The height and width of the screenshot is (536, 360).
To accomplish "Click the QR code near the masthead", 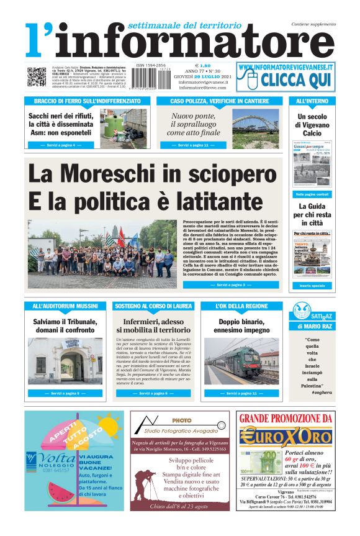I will (x=36, y=76).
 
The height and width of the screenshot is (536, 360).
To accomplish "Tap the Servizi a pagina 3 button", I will (x=226, y=285).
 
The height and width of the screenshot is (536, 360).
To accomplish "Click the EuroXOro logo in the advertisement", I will (x=285, y=436).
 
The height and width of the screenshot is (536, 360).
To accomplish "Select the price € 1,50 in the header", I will (x=202, y=65).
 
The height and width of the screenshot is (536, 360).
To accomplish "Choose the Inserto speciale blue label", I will (x=312, y=286).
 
